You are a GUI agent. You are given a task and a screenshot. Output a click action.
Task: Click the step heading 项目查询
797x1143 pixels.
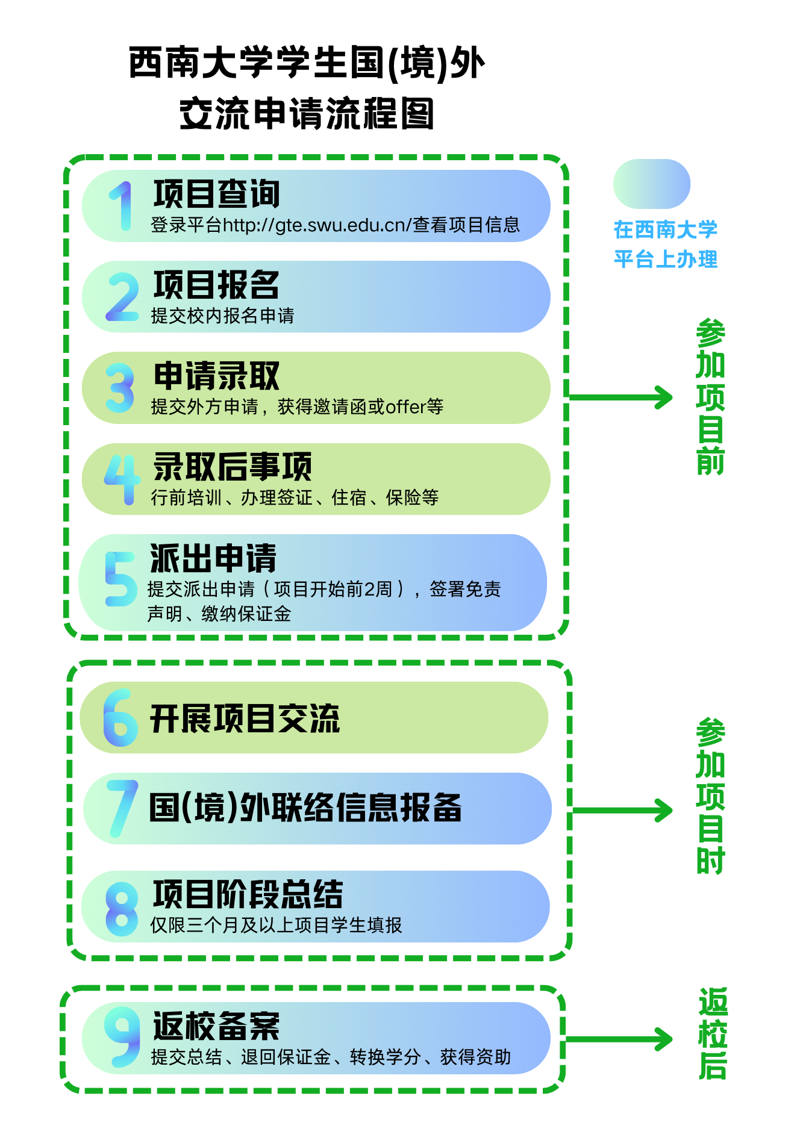216,194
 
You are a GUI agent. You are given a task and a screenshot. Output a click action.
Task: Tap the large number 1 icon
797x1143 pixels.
122,207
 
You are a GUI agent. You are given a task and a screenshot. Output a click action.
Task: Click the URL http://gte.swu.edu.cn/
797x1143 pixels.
317,225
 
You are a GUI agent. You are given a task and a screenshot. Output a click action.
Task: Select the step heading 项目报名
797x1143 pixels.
216,285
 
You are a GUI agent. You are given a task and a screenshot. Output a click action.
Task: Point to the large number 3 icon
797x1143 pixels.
120,388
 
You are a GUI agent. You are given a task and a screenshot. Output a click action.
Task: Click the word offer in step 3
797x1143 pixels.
406,407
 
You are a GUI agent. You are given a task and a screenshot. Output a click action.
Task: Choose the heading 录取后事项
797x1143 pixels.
233,467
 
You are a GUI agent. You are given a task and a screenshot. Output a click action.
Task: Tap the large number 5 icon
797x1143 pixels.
120,579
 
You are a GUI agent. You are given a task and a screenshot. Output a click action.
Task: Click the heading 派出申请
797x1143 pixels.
213,558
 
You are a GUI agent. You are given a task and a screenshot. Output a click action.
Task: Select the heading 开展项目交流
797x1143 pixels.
245,718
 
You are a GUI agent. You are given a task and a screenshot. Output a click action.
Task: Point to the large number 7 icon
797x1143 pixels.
123,808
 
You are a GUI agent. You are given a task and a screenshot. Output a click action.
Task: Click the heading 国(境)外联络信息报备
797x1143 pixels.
305,808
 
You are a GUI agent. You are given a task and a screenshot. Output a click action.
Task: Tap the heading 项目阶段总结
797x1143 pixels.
248,894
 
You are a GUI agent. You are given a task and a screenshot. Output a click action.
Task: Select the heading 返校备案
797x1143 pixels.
216,1026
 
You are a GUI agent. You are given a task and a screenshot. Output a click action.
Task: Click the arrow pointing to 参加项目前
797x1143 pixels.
620,397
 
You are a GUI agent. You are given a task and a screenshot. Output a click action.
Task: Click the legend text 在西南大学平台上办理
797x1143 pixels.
666,244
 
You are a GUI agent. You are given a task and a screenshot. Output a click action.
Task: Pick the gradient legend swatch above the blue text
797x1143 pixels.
651,184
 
